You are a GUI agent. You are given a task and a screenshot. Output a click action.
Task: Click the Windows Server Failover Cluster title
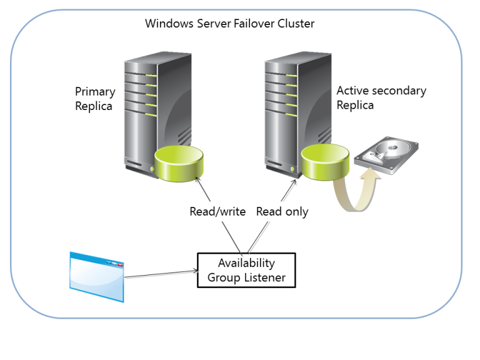coord(229,24)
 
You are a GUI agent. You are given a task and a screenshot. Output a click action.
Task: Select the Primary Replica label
coord(95,99)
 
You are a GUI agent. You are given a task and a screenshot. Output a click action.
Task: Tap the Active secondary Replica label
coord(381,97)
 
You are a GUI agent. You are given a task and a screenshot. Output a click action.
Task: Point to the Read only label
coord(282,212)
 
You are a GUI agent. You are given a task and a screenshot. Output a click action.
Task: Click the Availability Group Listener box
coord(246,270)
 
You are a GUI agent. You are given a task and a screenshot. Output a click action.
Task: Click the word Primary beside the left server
coord(95,92)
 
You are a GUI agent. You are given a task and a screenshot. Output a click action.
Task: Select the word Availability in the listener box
coord(246,263)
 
